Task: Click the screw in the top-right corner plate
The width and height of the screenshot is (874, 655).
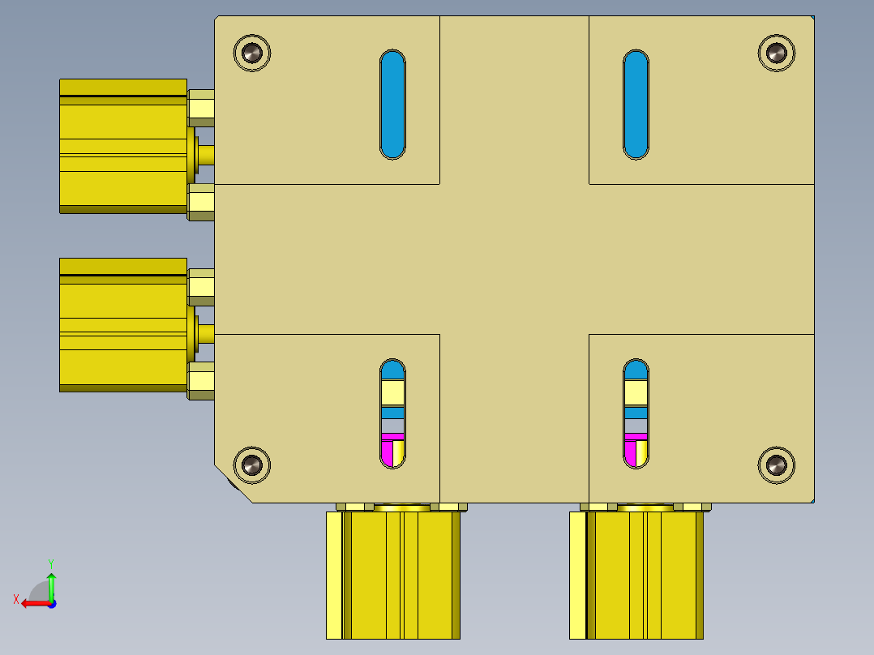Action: (x=777, y=54)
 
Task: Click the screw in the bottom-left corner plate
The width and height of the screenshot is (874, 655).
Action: (x=251, y=464)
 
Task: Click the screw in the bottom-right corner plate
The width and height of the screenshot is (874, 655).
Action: (x=777, y=464)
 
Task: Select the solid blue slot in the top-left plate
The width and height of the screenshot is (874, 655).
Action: (x=392, y=104)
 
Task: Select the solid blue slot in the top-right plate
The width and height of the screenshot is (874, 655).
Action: (x=636, y=104)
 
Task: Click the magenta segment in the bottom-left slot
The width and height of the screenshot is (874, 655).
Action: (x=388, y=452)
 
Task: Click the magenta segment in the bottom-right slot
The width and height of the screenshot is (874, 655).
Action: (x=631, y=452)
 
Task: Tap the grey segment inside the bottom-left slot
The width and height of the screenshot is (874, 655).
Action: (x=392, y=426)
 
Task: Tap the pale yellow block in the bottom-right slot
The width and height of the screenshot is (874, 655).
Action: (x=636, y=393)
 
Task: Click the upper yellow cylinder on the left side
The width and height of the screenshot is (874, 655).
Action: (x=123, y=146)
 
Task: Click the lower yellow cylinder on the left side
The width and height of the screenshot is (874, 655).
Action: (x=123, y=324)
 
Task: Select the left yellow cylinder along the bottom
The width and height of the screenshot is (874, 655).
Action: (x=393, y=576)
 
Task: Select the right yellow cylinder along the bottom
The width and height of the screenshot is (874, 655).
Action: (x=636, y=576)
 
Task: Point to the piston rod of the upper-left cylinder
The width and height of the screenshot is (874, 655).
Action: (x=206, y=154)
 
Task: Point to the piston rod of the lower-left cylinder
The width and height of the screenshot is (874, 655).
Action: (x=206, y=332)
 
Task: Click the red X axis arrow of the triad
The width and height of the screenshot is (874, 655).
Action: (x=31, y=603)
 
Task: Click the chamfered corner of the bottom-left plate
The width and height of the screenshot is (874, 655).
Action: (x=233, y=484)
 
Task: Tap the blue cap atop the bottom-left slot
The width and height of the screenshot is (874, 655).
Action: (x=392, y=370)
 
